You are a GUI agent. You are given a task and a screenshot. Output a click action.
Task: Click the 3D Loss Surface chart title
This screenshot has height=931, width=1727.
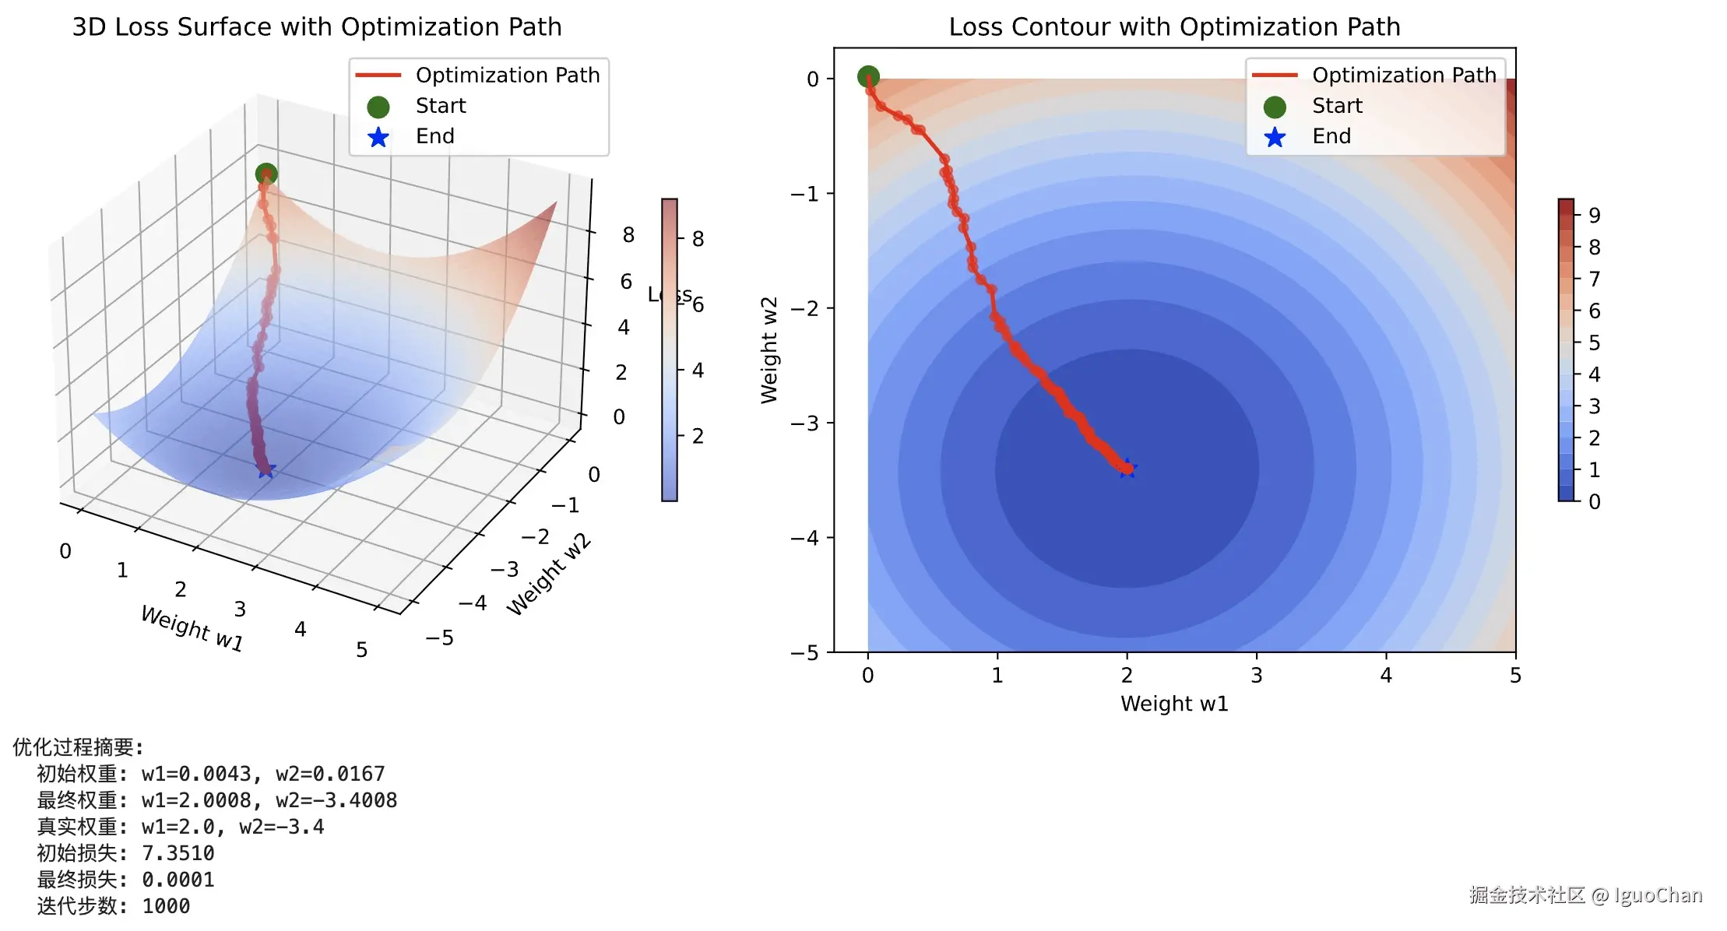(317, 27)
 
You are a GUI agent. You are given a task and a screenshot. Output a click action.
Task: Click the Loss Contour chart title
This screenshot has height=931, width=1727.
(1174, 27)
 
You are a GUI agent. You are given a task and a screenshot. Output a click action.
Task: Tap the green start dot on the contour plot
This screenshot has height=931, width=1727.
(868, 76)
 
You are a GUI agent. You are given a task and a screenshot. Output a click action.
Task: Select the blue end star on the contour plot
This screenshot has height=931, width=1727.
(1127, 469)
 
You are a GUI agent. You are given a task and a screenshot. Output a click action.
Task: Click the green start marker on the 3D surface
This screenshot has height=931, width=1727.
(266, 174)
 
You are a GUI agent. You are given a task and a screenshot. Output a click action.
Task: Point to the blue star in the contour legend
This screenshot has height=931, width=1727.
(1275, 138)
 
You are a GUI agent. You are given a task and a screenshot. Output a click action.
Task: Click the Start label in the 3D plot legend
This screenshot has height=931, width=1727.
(441, 106)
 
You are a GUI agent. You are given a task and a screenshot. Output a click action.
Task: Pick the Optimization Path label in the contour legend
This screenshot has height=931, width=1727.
(1404, 76)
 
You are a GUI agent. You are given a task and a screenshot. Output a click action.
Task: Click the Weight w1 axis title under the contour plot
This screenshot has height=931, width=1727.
(1174, 704)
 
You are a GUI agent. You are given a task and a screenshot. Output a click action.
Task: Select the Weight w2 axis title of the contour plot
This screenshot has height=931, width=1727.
(769, 350)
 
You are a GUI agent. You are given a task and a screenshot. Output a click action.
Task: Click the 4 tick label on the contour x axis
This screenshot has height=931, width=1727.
(1386, 676)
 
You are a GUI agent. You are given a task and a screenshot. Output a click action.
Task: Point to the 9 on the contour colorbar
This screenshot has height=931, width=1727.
(1595, 216)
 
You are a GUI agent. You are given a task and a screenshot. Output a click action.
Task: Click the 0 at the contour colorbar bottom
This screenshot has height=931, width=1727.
(1595, 502)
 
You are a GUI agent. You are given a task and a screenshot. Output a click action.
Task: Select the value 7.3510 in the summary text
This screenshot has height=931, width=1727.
(178, 854)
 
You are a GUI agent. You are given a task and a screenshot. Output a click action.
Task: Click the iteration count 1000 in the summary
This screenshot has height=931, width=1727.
(166, 907)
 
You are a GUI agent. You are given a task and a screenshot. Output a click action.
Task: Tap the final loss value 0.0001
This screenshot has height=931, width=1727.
(178, 880)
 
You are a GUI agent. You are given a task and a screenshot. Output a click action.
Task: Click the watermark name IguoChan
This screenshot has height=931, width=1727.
(1658, 895)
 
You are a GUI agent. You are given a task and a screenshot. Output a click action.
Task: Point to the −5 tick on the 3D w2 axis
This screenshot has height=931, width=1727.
(440, 638)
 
